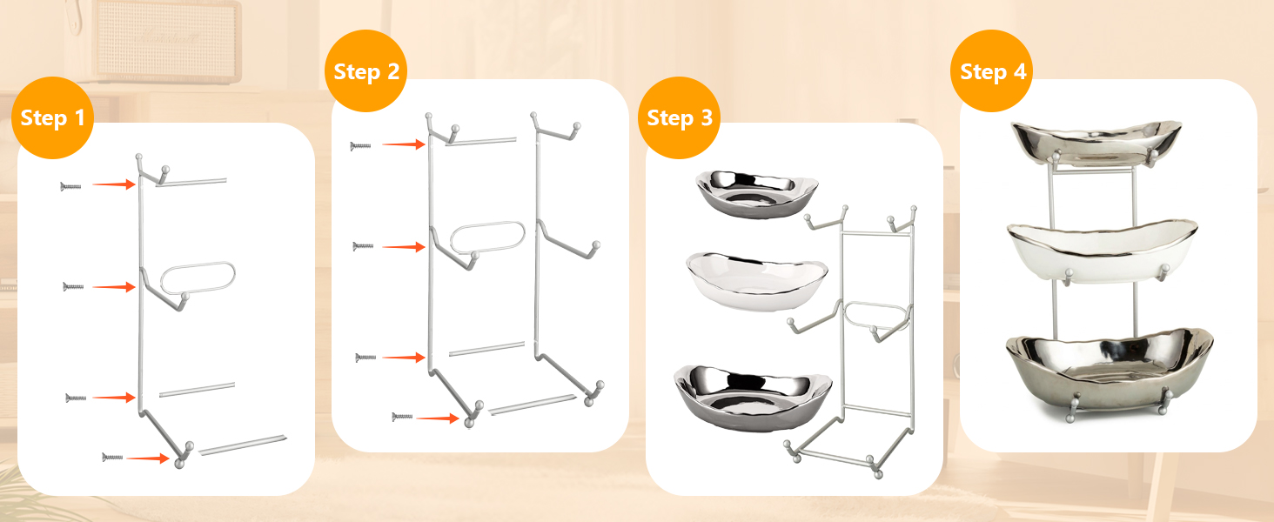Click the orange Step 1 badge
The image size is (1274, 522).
[x=52, y=117]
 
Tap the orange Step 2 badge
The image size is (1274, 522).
[x=365, y=71]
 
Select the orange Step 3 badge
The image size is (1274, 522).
[x=679, y=117]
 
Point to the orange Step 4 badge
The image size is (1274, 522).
[x=992, y=71]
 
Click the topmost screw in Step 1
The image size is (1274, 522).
[x=70, y=186]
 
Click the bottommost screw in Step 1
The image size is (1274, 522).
[x=112, y=457]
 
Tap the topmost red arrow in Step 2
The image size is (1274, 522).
[x=404, y=144]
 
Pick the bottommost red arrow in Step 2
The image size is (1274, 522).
[x=438, y=418]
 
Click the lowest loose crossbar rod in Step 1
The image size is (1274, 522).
[x=242, y=445]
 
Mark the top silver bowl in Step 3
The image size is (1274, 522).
[x=757, y=194]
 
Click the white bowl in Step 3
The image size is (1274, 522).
[x=757, y=282]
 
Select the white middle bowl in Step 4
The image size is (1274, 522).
[x=1103, y=251]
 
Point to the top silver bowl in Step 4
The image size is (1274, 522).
[x=1096, y=143]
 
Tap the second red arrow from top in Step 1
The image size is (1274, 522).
[x=114, y=287]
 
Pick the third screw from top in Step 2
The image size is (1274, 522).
[x=365, y=358]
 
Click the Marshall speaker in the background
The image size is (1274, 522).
[x=165, y=40]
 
